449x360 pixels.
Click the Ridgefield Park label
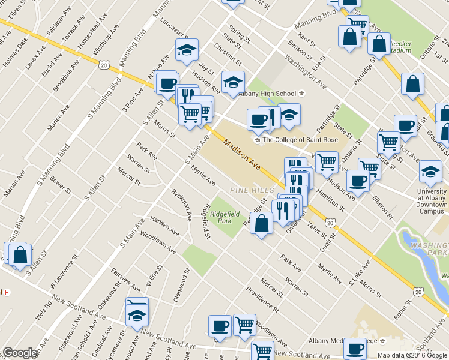(x=220, y=217)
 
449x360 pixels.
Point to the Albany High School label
(x=267, y=93)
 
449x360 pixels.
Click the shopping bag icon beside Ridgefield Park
(x=261, y=224)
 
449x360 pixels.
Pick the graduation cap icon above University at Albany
(x=430, y=172)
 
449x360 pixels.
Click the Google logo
(x=20, y=353)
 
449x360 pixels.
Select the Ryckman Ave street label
(x=182, y=205)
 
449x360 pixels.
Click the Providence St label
(x=262, y=300)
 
